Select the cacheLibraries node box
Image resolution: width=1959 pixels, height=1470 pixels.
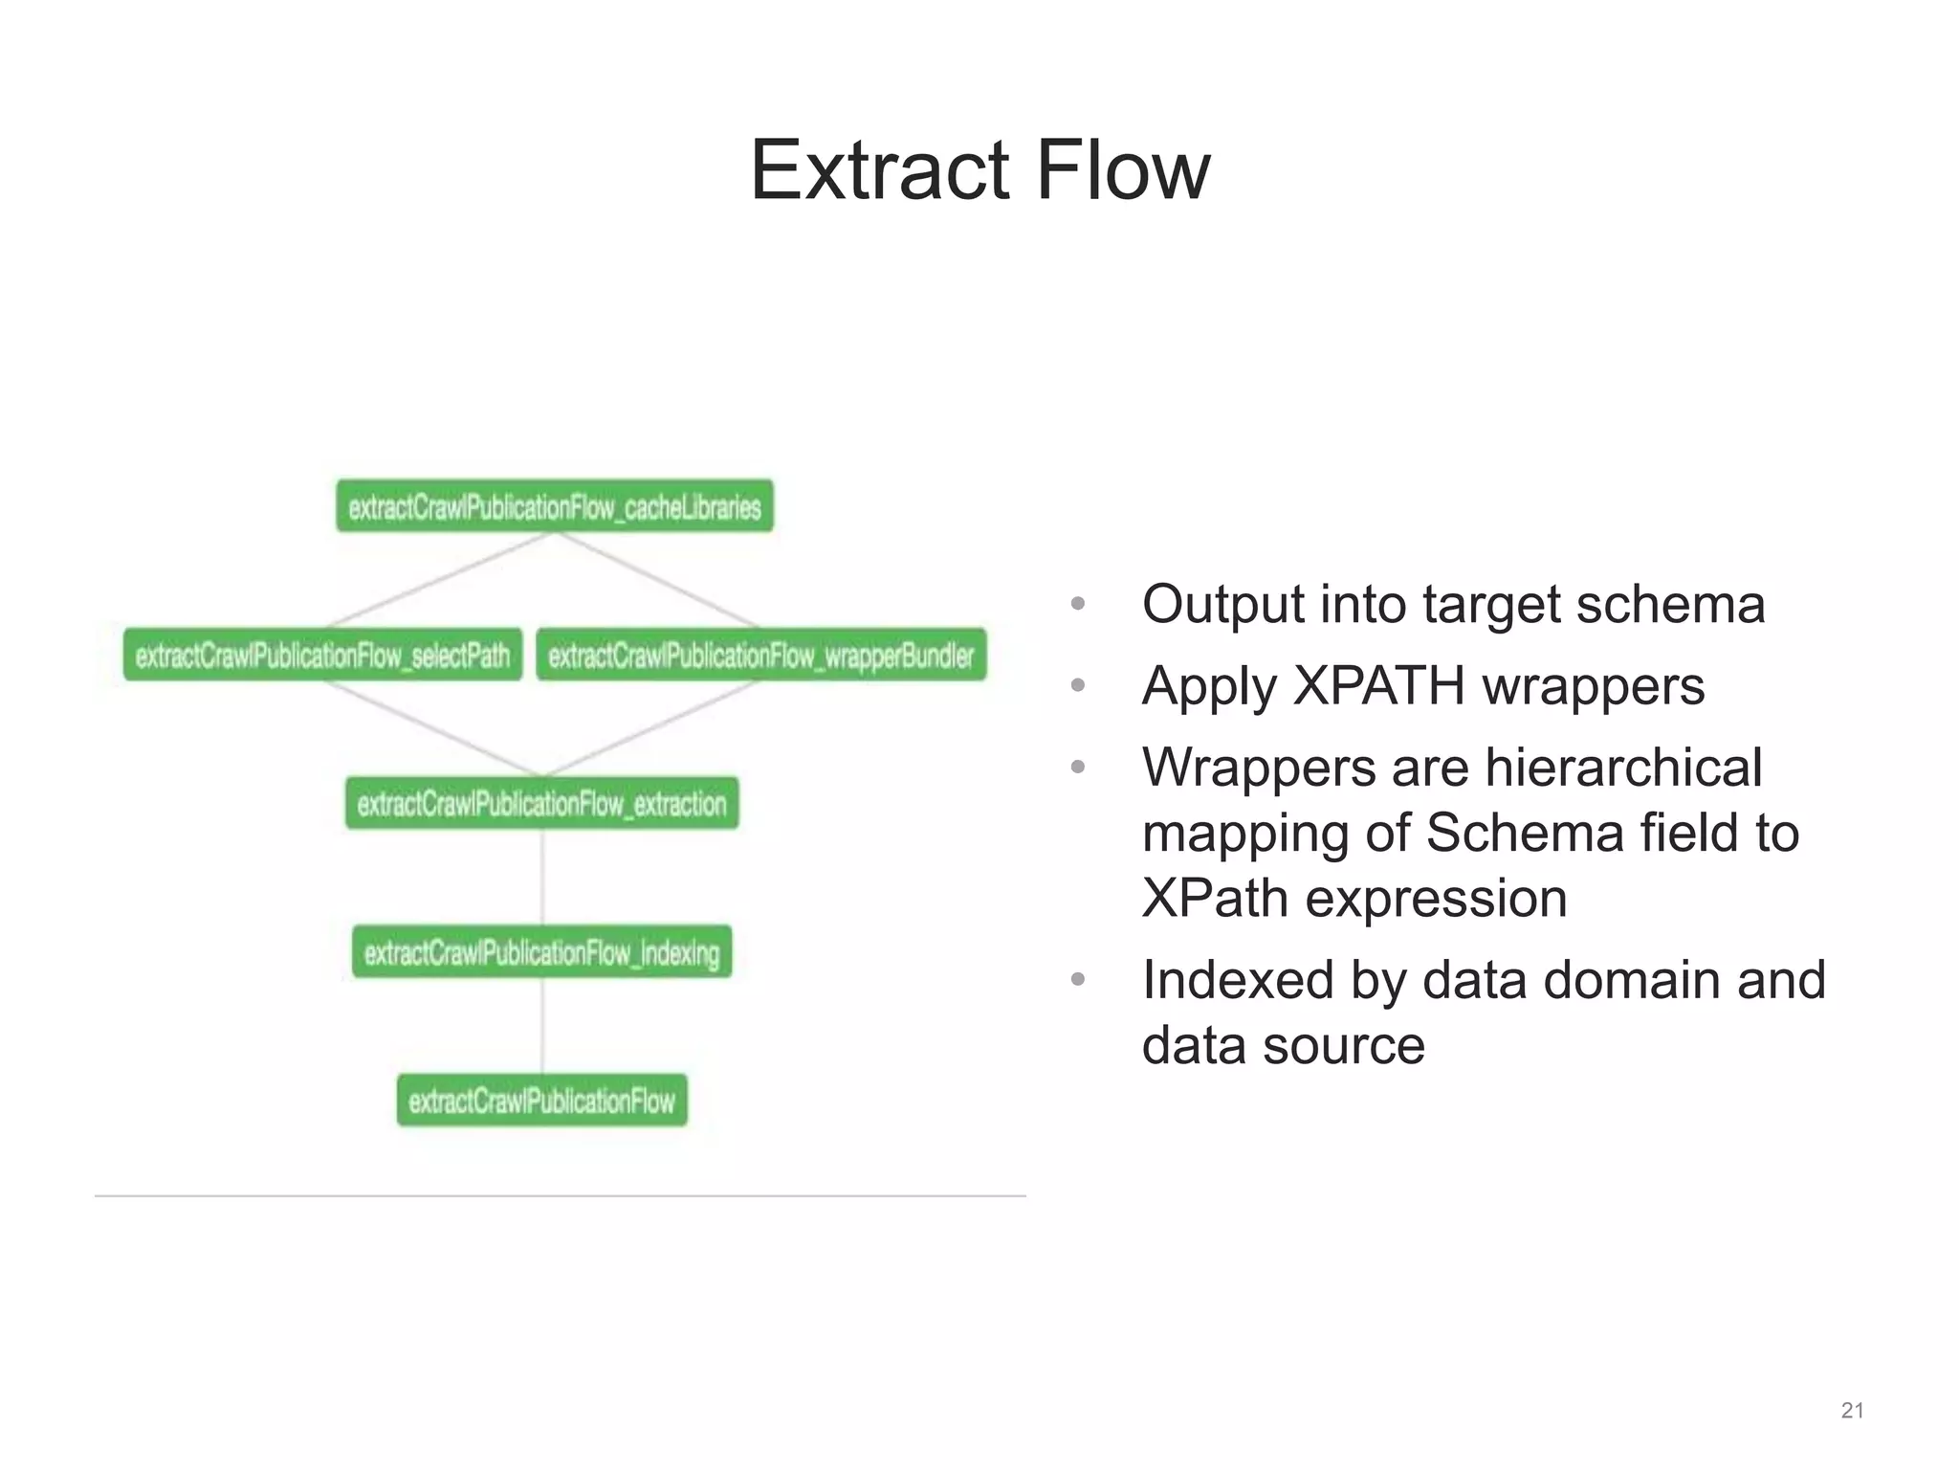(x=554, y=506)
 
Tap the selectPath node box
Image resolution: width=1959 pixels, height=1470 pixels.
(x=322, y=655)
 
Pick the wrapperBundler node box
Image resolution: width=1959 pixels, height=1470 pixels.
(x=760, y=655)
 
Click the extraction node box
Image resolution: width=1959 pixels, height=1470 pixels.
(x=541, y=803)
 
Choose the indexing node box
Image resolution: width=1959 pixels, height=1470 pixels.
(x=541, y=951)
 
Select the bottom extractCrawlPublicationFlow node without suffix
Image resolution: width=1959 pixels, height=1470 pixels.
(x=541, y=1101)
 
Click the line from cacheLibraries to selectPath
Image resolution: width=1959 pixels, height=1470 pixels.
(x=440, y=579)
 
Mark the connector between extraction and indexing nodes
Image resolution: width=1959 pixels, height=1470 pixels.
(x=542, y=877)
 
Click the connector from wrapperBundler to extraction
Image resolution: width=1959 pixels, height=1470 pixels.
(x=650, y=727)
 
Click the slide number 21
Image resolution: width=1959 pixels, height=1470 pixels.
(x=1852, y=1411)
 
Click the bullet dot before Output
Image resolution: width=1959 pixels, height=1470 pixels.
(x=1078, y=605)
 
